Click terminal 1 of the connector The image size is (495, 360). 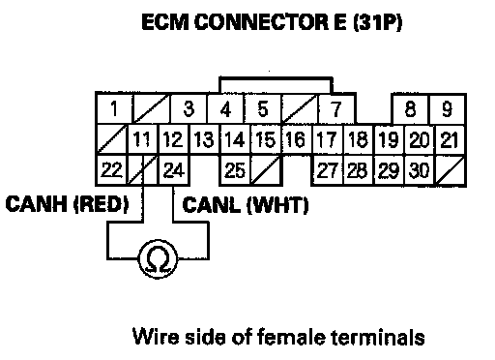pos(114,108)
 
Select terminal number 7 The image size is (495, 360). pos(336,108)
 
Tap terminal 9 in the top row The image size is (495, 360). pos(448,109)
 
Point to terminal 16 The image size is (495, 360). pos(296,139)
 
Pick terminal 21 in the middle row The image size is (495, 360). pos(451,139)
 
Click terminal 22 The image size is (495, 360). pos(111,170)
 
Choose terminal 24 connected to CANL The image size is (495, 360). pos(174,170)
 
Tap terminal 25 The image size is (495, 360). pos(235,170)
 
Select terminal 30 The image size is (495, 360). pos(420,170)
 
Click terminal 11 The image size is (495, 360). pos(143,139)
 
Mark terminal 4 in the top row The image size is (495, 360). pos(225,108)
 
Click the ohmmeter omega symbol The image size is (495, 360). pos(158,259)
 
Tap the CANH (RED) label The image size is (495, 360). pos(67,204)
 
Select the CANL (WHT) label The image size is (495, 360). pos(246,205)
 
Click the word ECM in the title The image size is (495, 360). pos(165,22)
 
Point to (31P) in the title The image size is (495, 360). pos(377,22)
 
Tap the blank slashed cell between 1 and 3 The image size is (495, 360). pos(152,108)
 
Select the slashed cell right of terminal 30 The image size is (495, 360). pos(451,170)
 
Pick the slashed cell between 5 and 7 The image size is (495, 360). pos(300,108)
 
